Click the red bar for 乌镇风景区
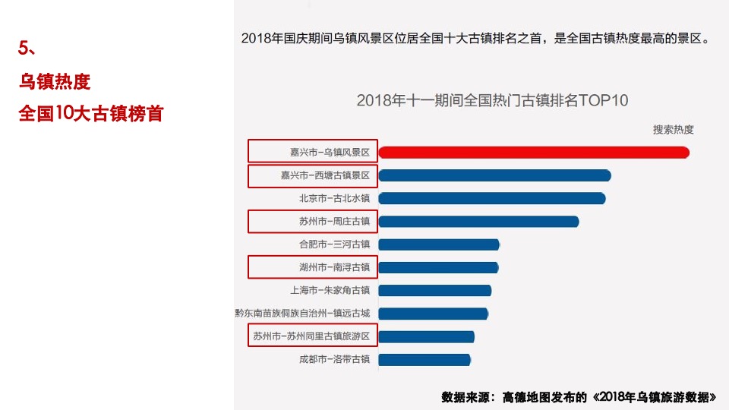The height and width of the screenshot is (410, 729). click(533, 153)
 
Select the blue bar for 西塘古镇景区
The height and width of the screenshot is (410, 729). click(494, 175)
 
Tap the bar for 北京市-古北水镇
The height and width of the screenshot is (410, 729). click(491, 198)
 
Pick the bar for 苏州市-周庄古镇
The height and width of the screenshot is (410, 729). click(478, 222)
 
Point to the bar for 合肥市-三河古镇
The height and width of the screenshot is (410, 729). click(439, 244)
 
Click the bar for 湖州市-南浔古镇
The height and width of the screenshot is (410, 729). click(438, 267)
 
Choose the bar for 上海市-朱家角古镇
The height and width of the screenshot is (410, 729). click(434, 290)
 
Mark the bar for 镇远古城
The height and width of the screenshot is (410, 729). click(433, 314)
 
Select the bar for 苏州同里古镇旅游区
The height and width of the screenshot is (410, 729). click(426, 336)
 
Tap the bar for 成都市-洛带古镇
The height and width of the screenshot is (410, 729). click(424, 359)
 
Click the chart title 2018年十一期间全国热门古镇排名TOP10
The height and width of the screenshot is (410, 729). click(492, 100)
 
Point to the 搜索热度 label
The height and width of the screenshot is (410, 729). click(673, 130)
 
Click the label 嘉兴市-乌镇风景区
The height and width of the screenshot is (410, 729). click(329, 153)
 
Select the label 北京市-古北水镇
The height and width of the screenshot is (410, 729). click(333, 198)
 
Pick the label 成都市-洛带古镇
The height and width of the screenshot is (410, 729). click(333, 359)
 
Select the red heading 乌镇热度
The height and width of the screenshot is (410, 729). click(55, 81)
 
